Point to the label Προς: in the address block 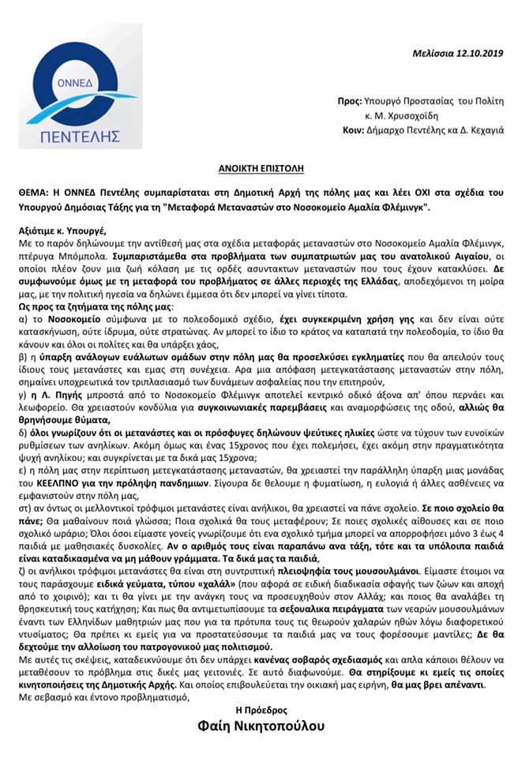tap(348, 102)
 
